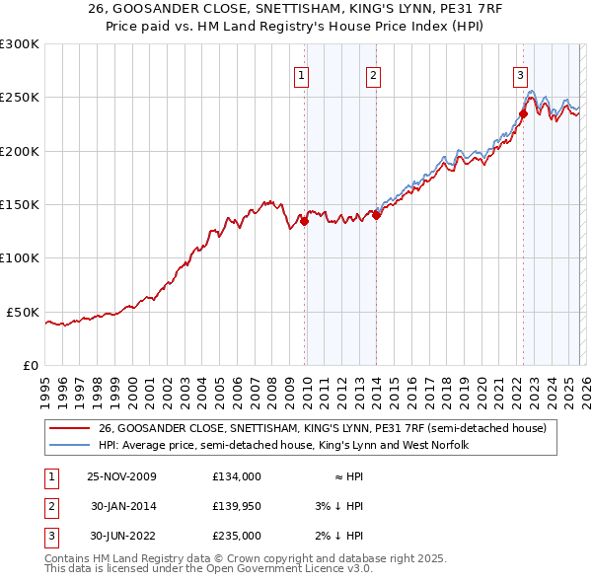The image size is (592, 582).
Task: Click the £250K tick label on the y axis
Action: tap(20, 98)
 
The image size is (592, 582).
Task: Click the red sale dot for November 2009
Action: tap(304, 222)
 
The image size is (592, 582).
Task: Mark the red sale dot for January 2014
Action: tap(377, 215)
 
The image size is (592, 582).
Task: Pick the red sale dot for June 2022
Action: tap(523, 113)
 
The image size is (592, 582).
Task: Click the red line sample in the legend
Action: tap(69, 428)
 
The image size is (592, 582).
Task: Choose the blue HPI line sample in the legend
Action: tap(69, 446)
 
